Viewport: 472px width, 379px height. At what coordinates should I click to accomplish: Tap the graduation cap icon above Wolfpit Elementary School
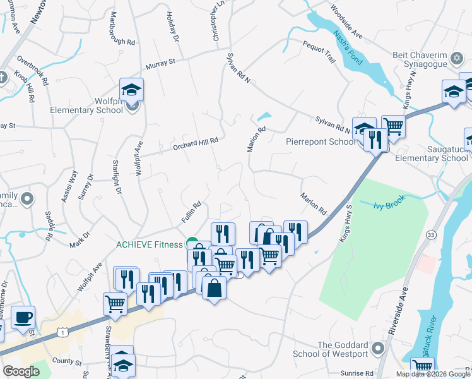[131, 89]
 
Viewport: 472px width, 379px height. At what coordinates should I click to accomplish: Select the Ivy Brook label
[387, 205]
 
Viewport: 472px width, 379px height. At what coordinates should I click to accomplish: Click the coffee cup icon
[23, 317]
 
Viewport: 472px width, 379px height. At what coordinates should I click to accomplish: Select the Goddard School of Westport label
[343, 349]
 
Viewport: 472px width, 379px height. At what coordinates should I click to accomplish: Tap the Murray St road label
[160, 63]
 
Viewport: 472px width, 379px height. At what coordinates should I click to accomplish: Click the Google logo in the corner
[21, 371]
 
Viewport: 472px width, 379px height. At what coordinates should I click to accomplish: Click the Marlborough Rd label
[122, 29]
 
